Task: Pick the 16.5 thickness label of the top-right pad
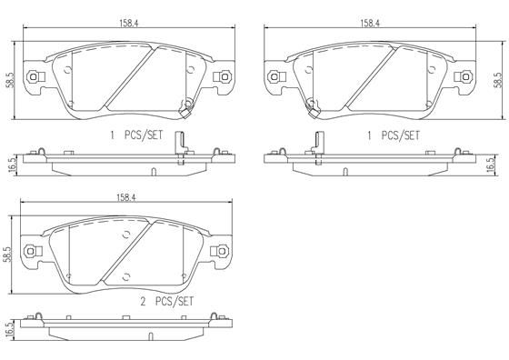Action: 490,165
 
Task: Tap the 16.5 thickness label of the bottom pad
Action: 10,330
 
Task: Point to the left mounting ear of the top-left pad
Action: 34,78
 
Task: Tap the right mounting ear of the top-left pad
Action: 220,78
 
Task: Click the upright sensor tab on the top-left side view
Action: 184,144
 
